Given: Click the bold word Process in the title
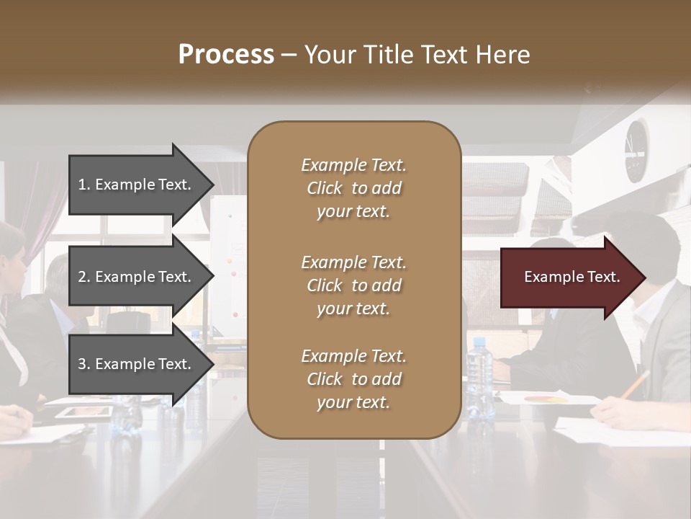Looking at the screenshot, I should tap(226, 55).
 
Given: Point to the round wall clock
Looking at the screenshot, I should tap(636, 151).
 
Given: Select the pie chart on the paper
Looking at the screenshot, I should tap(546, 398).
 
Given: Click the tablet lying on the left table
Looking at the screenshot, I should tap(84, 412).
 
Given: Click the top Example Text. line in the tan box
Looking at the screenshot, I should tap(353, 165).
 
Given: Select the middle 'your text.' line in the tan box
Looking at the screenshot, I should tap(353, 309).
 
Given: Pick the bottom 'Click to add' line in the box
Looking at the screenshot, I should tap(353, 379).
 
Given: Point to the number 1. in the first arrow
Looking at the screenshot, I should tap(84, 185).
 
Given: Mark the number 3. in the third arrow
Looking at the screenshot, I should tap(84, 364).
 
